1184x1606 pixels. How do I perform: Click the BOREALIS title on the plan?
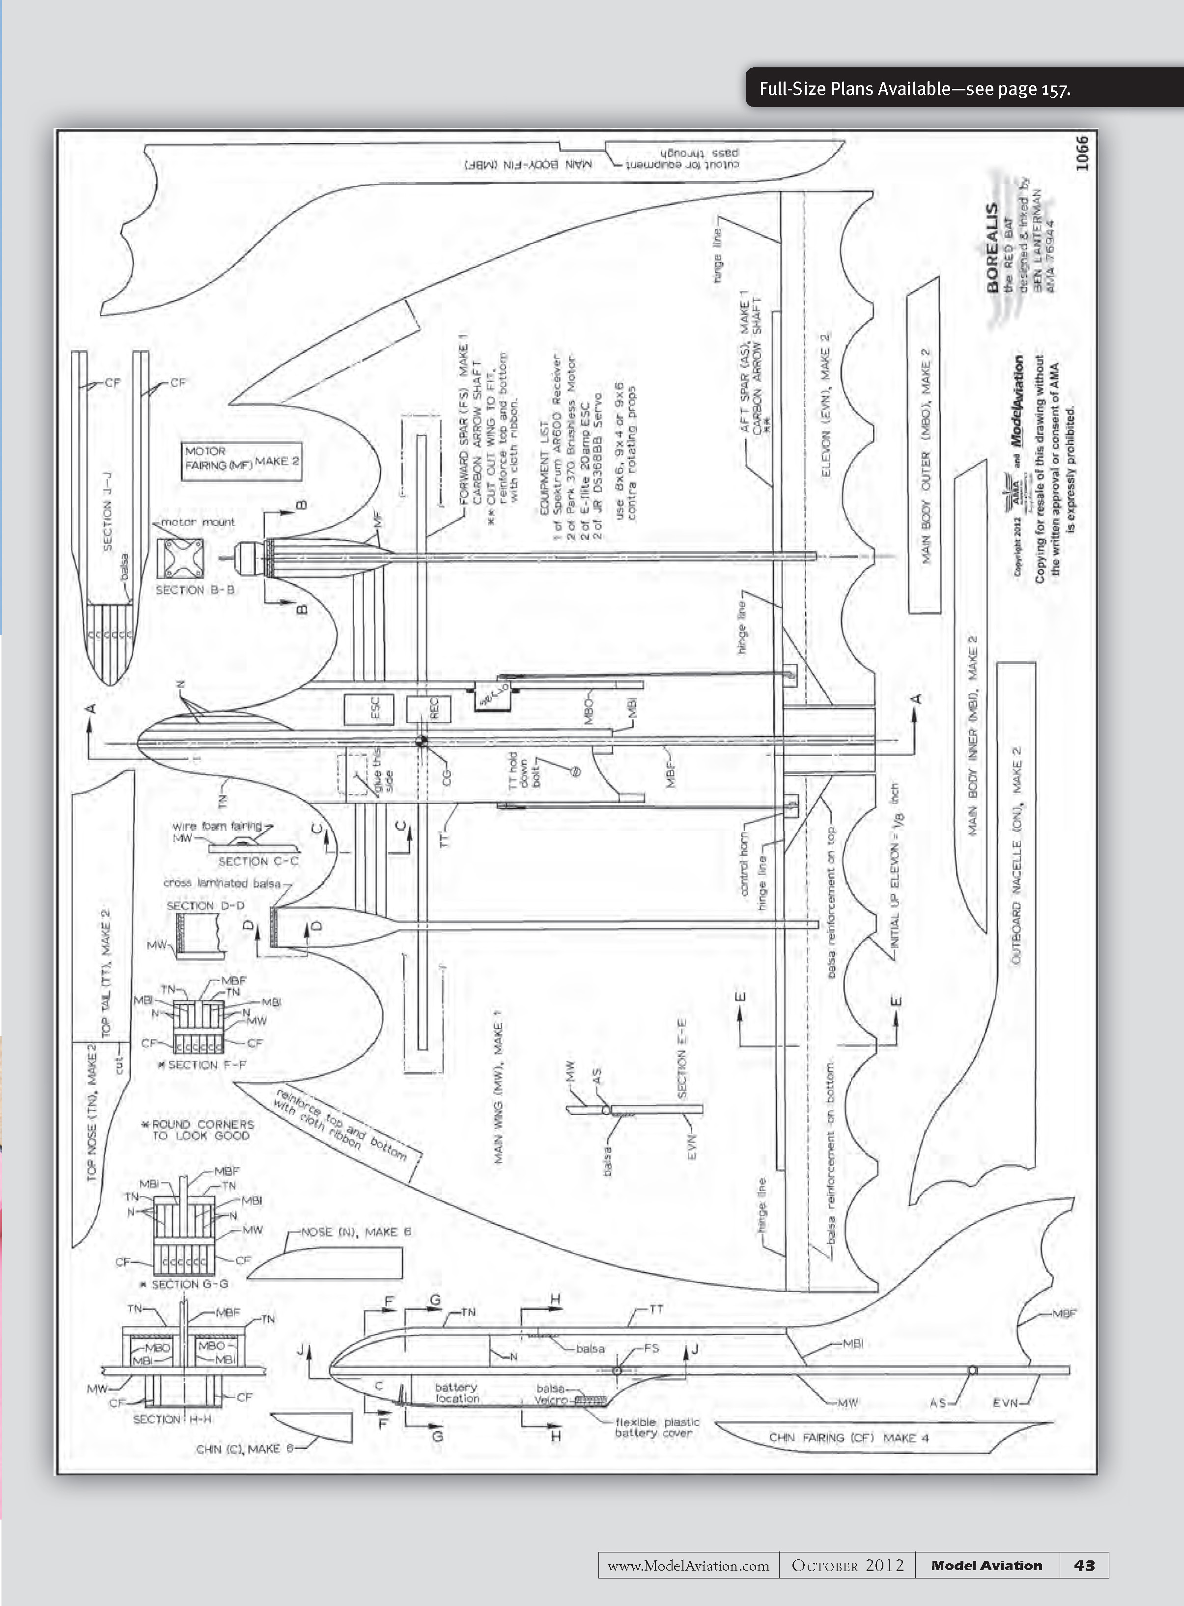992,248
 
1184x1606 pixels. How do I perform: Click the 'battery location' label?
456,1392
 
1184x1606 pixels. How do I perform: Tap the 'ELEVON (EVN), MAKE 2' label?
825,405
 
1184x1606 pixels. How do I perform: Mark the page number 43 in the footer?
1084,1565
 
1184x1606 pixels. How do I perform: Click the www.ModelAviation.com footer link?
688,1566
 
